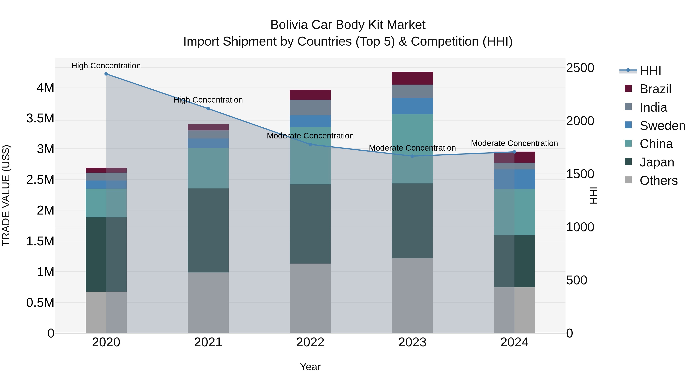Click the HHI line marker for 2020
click(x=106, y=74)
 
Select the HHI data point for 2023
click(x=412, y=156)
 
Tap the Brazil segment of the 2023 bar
click(x=412, y=78)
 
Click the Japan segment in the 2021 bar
click(x=208, y=230)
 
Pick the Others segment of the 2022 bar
click(x=310, y=298)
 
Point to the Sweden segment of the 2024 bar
click(x=514, y=179)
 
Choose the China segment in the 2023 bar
click(x=412, y=149)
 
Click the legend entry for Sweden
click(x=662, y=126)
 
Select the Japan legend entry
click(x=657, y=162)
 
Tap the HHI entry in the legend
click(x=650, y=71)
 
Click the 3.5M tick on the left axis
click(x=40, y=118)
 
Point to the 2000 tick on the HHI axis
click(x=580, y=121)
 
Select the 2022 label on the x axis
click(x=310, y=342)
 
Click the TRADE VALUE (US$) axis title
click(x=6, y=195)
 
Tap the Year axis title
click(x=310, y=367)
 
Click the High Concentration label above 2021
click(x=208, y=100)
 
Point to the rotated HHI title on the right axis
click(x=594, y=195)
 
